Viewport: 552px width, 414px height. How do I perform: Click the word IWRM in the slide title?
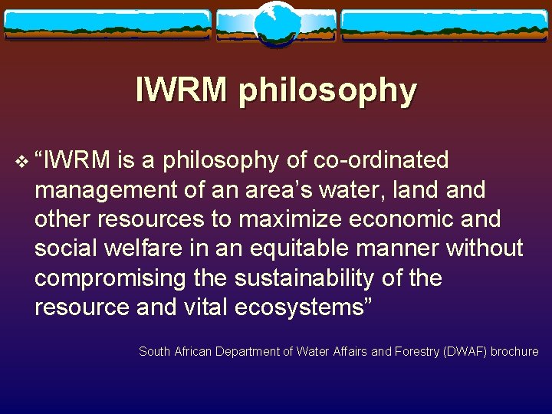pyautogui.click(x=182, y=90)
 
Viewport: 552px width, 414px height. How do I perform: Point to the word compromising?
pyautogui.click(x=110, y=278)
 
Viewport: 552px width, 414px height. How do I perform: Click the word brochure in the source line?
pyautogui.click(x=514, y=352)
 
